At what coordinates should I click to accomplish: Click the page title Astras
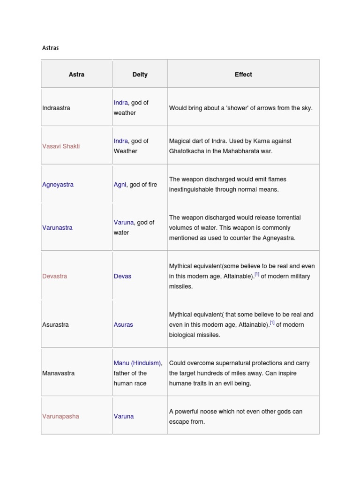(50, 48)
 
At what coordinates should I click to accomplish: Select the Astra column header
(76, 75)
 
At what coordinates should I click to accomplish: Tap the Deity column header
(140, 75)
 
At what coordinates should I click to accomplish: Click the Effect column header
(243, 75)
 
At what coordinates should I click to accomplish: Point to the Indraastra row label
(56, 108)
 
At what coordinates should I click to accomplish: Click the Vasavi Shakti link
(61, 146)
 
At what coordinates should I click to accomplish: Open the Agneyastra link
(58, 185)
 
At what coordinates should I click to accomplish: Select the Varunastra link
(57, 228)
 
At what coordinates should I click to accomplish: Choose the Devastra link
(54, 276)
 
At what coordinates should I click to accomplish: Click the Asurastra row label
(55, 325)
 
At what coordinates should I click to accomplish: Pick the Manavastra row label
(58, 373)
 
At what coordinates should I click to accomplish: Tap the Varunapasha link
(60, 416)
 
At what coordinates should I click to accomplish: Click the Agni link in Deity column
(120, 185)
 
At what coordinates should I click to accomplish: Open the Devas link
(122, 276)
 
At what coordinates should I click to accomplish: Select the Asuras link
(123, 325)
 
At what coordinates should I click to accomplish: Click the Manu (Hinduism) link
(137, 363)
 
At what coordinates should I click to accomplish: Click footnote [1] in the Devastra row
(257, 275)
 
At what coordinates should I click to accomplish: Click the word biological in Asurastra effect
(184, 335)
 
